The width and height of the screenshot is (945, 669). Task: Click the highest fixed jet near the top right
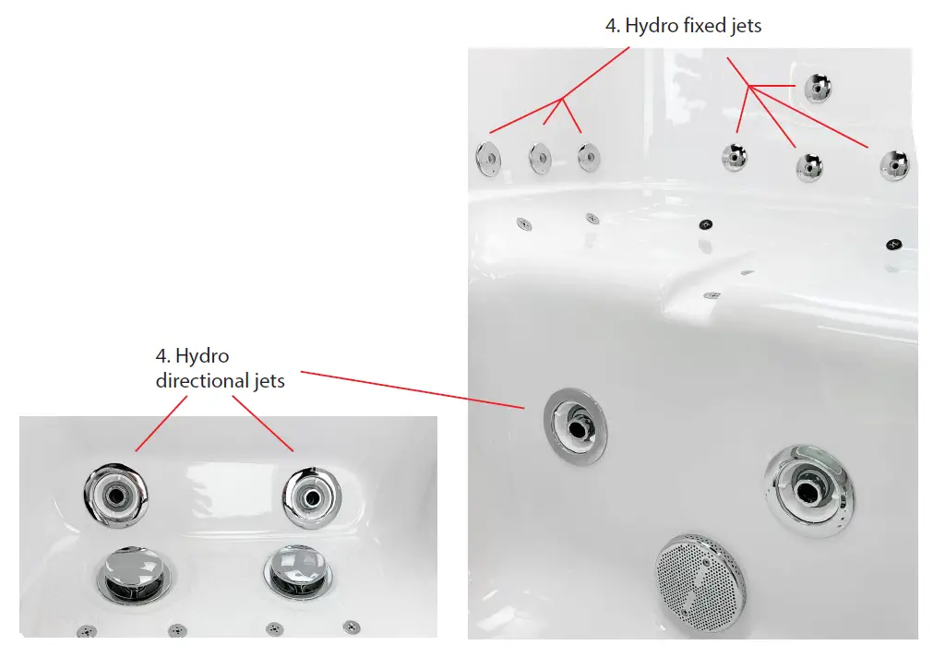pos(818,88)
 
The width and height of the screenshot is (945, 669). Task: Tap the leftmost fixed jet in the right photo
pos(487,160)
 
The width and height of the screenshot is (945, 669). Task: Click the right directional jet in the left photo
pos(312,496)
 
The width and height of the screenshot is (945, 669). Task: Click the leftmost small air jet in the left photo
pos(86,631)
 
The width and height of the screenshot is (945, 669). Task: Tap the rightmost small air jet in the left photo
pos(352,627)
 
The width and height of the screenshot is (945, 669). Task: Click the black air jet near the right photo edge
pos(892,245)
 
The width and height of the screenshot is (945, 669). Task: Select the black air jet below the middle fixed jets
pos(706,224)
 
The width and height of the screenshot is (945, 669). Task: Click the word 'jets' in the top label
pos(745,26)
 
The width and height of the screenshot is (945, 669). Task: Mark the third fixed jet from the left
pos(589,157)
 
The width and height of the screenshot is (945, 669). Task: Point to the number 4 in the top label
pos(612,26)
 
